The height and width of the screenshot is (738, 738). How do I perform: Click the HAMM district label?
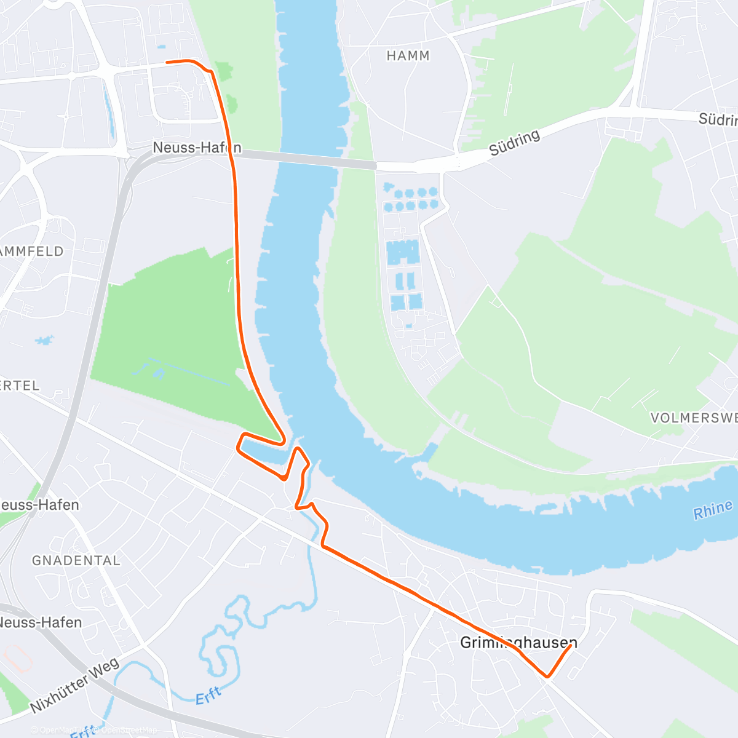coord(408,56)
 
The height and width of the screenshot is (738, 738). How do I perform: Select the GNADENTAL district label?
coord(76,560)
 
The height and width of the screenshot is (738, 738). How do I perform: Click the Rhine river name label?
coord(713,510)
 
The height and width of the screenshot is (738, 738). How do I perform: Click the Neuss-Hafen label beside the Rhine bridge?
coord(197,148)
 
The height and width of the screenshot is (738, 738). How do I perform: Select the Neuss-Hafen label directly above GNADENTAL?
coord(39,505)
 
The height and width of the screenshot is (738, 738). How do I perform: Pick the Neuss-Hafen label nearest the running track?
coord(41,622)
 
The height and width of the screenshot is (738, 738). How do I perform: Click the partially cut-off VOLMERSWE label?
coord(694,418)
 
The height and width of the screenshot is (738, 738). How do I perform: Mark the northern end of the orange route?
coord(167,61)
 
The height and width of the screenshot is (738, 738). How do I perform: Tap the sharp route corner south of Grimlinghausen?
coord(547,677)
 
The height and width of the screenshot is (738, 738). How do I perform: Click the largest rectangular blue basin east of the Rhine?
coord(403,252)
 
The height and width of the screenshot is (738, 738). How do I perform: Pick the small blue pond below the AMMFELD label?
coord(44,340)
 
